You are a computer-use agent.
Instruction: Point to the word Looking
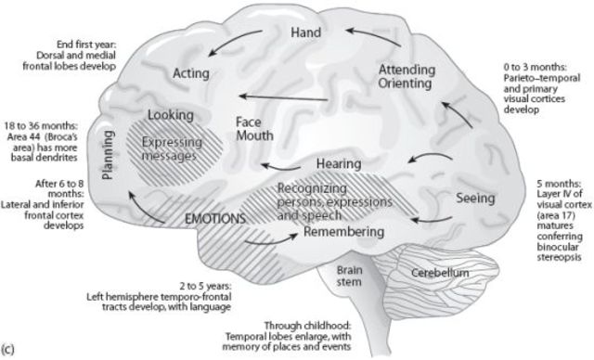click(170, 116)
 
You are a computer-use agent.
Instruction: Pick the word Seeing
click(477, 198)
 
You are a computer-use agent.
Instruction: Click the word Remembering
click(344, 231)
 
